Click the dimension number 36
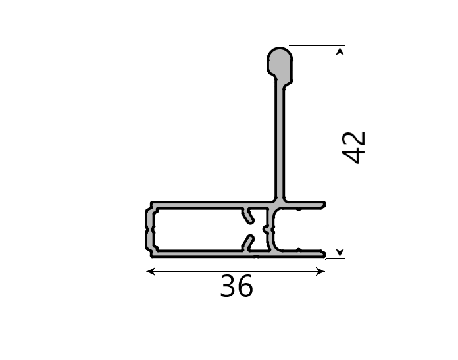pyautogui.click(x=236, y=287)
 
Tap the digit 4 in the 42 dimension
pyautogui.click(x=355, y=155)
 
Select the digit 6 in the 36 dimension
pyautogui.click(x=245, y=287)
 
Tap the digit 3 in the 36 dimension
pyautogui.click(x=228, y=287)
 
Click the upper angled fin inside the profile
pyautogui.click(x=247, y=215)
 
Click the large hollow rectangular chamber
pyautogui.click(x=197, y=228)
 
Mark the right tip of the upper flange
pyautogui.click(x=324, y=205)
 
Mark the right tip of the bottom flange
pyautogui.click(x=324, y=253)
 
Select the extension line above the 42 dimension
pyautogui.click(x=316, y=45)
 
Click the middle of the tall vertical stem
pyautogui.click(x=280, y=138)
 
